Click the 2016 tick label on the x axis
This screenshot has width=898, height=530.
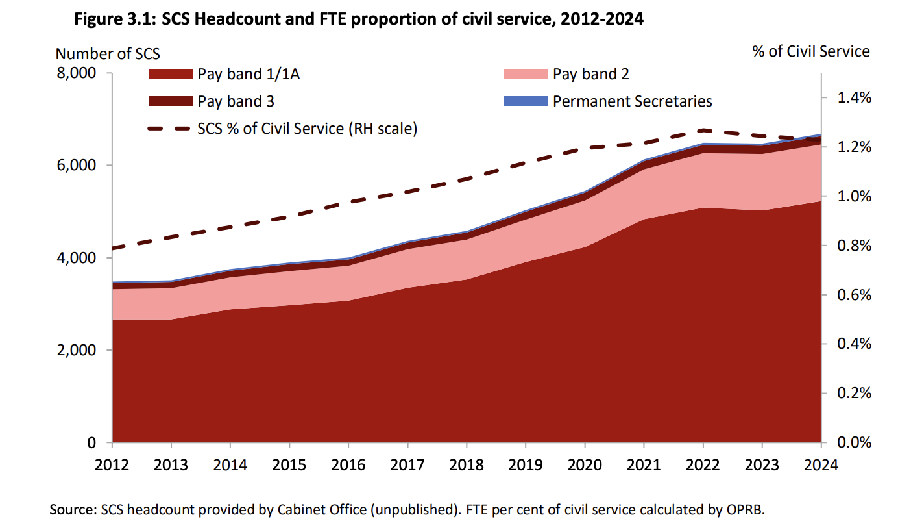pos(348,465)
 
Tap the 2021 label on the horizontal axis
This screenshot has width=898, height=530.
pos(644,465)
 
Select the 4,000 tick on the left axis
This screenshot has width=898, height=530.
pos(78,258)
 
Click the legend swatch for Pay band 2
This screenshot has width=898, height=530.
pos(526,74)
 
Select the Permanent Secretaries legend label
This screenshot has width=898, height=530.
pos(632,101)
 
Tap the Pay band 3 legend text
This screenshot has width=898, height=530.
pos(236,101)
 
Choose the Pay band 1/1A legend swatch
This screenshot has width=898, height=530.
pos(171,74)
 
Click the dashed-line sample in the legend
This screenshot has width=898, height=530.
pos(171,129)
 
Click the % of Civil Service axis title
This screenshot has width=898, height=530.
pos(811,51)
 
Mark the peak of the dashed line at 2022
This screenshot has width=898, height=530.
pos(703,130)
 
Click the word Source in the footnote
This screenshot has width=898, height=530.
pos(72,509)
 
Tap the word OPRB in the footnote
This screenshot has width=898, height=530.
pos(747,509)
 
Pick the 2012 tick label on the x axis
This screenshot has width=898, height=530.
pos(112,465)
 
